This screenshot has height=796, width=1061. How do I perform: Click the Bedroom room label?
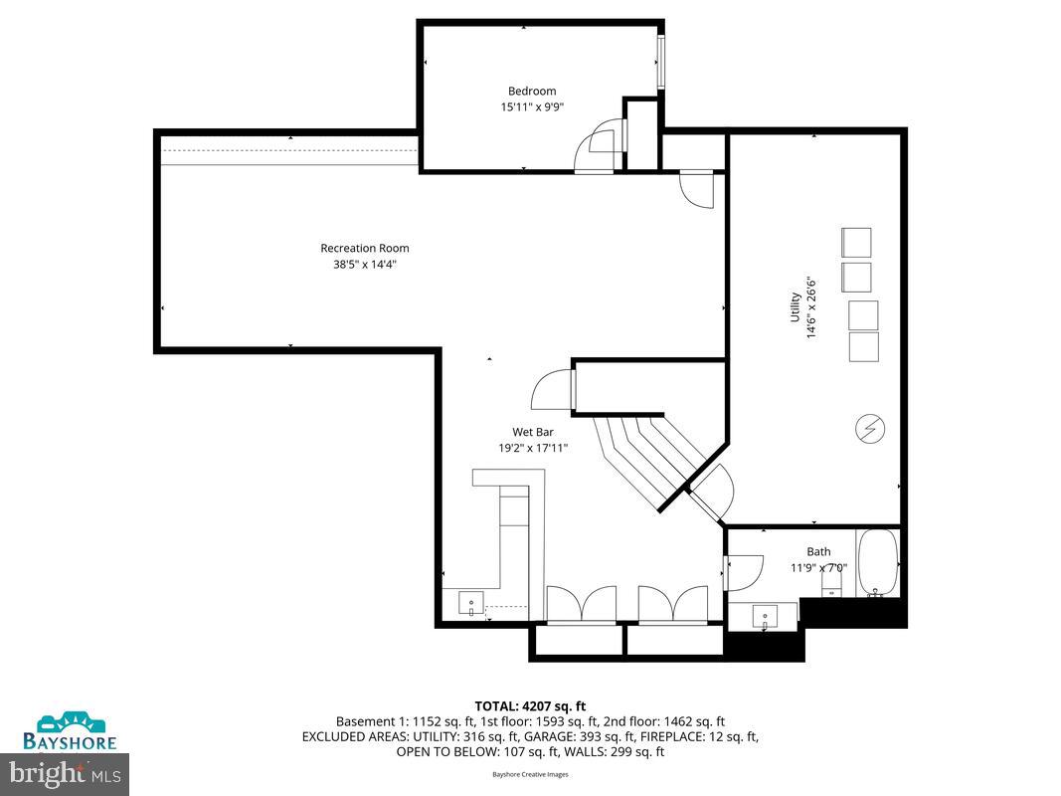(x=532, y=91)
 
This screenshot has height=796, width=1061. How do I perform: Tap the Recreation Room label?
(x=364, y=248)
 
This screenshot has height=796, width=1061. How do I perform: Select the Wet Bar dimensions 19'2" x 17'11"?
(x=533, y=448)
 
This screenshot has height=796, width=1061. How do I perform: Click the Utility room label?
(x=796, y=306)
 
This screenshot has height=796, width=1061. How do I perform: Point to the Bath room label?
(x=818, y=551)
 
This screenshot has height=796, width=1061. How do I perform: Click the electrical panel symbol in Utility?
(x=868, y=429)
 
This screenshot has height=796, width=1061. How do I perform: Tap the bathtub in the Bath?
(x=877, y=563)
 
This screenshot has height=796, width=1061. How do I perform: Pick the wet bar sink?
(x=470, y=603)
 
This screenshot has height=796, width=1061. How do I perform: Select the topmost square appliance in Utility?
(x=856, y=242)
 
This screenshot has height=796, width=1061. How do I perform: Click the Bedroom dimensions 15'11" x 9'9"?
(x=532, y=106)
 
